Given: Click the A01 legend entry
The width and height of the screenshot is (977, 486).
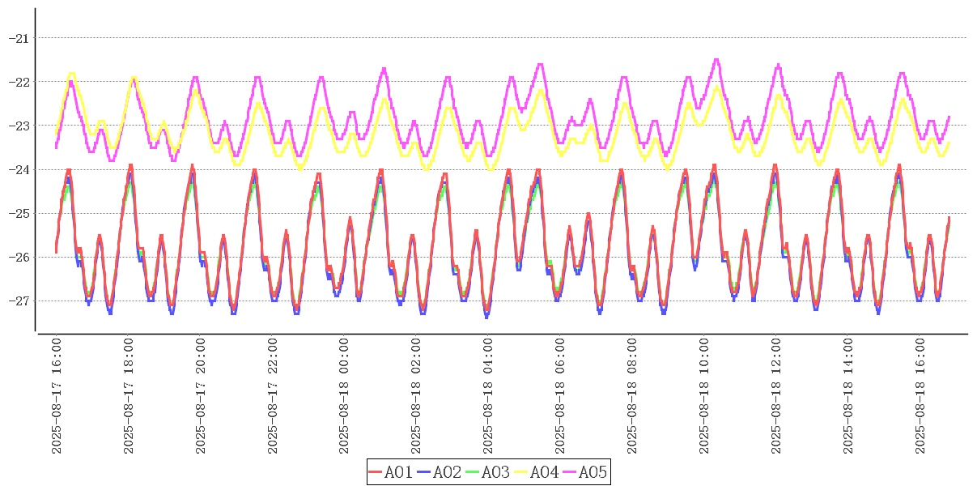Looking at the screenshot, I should pyautogui.click(x=391, y=472).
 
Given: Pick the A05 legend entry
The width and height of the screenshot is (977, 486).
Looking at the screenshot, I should pyautogui.click(x=584, y=472).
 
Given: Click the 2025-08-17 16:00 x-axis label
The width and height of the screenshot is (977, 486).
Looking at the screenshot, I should pyautogui.click(x=57, y=395).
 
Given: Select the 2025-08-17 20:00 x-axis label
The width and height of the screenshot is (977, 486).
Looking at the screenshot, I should pyautogui.click(x=201, y=395).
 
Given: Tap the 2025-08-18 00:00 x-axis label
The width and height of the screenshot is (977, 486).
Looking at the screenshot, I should pyautogui.click(x=345, y=395).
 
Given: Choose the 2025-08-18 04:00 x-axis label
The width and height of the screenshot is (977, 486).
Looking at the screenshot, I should pyautogui.click(x=489, y=395).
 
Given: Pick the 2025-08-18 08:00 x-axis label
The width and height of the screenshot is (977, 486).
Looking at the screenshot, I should pyautogui.click(x=632, y=395).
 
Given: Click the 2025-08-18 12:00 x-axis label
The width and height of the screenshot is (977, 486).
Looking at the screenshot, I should pyautogui.click(x=776, y=395).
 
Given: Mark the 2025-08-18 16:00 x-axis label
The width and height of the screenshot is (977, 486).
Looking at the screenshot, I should pyautogui.click(x=920, y=395).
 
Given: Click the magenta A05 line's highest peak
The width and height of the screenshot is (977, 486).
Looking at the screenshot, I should pyautogui.click(x=716, y=59).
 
